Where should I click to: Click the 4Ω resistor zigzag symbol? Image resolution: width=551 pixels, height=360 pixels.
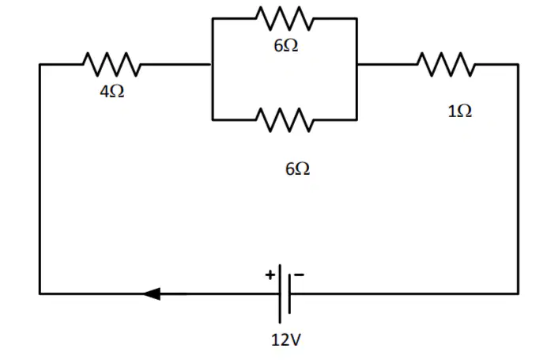(x=111, y=64)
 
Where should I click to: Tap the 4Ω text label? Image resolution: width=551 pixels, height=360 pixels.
(x=112, y=92)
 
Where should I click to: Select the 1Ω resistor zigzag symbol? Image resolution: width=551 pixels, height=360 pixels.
(x=447, y=64)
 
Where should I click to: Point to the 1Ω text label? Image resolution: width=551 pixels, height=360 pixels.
(x=460, y=111)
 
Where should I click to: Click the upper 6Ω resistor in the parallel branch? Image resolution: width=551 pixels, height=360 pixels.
(x=285, y=18)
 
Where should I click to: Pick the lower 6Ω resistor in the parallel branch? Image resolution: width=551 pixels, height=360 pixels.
(x=285, y=120)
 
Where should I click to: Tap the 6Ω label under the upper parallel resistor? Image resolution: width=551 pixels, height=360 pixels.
(x=286, y=45)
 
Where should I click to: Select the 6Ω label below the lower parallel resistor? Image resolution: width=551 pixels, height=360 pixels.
(x=298, y=169)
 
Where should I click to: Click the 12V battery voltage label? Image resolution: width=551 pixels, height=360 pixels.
(x=286, y=339)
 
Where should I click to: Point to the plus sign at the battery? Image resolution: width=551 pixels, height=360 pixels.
(x=270, y=275)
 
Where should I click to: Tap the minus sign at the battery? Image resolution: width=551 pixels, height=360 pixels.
(x=299, y=275)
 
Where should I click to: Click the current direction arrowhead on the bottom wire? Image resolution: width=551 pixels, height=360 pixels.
(x=152, y=294)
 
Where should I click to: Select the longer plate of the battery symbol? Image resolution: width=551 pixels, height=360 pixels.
(x=280, y=294)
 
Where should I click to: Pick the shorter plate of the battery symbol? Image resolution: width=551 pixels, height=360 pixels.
(x=289, y=294)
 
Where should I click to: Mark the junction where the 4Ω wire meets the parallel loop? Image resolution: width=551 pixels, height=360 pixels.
(x=212, y=64)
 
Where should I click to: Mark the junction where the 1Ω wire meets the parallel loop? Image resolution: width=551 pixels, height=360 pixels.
(x=357, y=64)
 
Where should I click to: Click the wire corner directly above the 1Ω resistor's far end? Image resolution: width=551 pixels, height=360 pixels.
(x=518, y=64)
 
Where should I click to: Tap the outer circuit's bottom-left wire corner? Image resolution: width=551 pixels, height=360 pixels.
(x=40, y=294)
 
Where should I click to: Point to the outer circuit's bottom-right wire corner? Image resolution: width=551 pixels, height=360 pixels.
(x=518, y=294)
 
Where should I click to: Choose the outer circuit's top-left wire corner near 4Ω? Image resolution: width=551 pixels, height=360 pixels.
(x=40, y=64)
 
